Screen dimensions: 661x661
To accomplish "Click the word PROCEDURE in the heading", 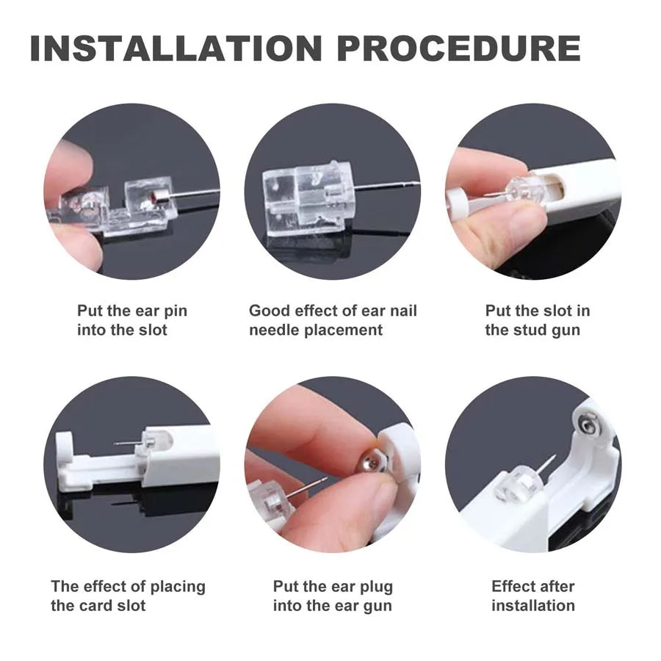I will point(458,48).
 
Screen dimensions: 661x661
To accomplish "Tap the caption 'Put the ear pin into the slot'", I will point(132,320).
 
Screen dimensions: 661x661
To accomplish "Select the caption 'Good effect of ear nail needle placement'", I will point(333,320).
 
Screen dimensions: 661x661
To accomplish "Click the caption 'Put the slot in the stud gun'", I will point(536,320).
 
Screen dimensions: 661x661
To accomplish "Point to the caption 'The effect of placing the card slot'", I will point(128,596).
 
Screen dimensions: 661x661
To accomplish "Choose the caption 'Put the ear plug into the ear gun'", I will point(333,596).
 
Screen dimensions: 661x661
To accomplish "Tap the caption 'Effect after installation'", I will point(533,596).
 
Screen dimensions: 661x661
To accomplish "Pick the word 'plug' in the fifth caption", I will point(374,587).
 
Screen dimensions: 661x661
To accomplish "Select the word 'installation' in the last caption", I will point(533,605).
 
